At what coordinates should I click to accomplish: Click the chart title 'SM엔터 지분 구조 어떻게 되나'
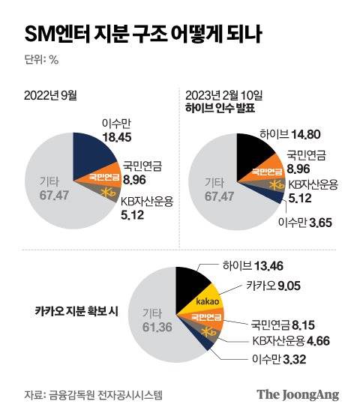[144, 34]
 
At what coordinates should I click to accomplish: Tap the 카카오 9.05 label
[273, 285]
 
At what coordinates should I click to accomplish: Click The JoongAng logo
[298, 395]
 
